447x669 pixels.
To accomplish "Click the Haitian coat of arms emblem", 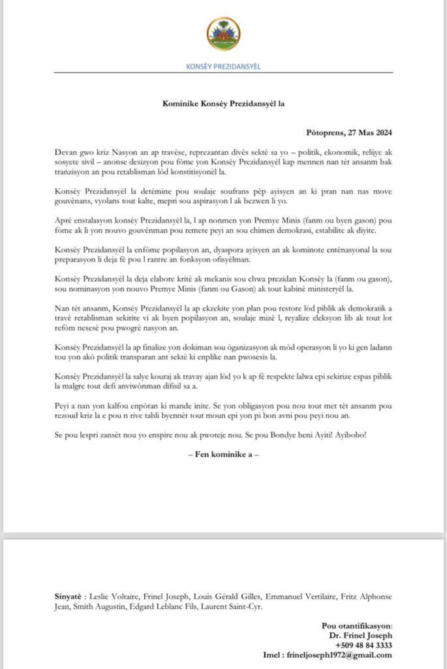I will (223, 35).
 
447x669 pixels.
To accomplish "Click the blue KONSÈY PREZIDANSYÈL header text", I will (223, 67).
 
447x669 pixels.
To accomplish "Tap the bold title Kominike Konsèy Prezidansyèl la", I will (223, 103).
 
